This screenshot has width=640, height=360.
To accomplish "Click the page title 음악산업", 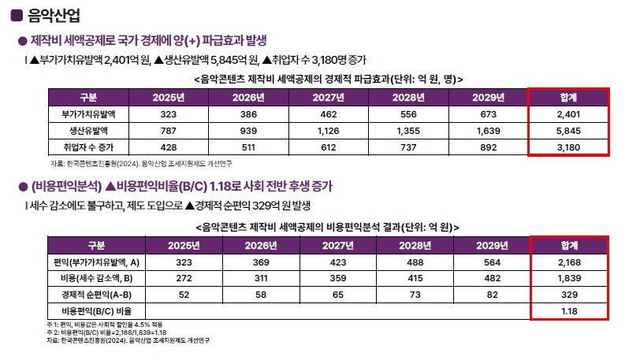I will point(51,15).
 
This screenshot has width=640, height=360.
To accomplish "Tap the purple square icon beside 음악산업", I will point(16,15).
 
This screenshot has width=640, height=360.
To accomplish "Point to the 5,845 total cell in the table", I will point(567,131).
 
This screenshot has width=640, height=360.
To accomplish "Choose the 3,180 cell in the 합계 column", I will point(567,147).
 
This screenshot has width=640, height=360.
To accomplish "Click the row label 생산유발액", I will point(88,131).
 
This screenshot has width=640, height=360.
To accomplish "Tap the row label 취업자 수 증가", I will point(88,147).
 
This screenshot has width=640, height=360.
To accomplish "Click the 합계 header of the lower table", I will point(568,244).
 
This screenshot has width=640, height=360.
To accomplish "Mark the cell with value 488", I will point(408,262).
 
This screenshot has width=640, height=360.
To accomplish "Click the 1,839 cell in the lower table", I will point(568,279).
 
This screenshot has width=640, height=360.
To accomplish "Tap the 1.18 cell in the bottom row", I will point(568,312).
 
